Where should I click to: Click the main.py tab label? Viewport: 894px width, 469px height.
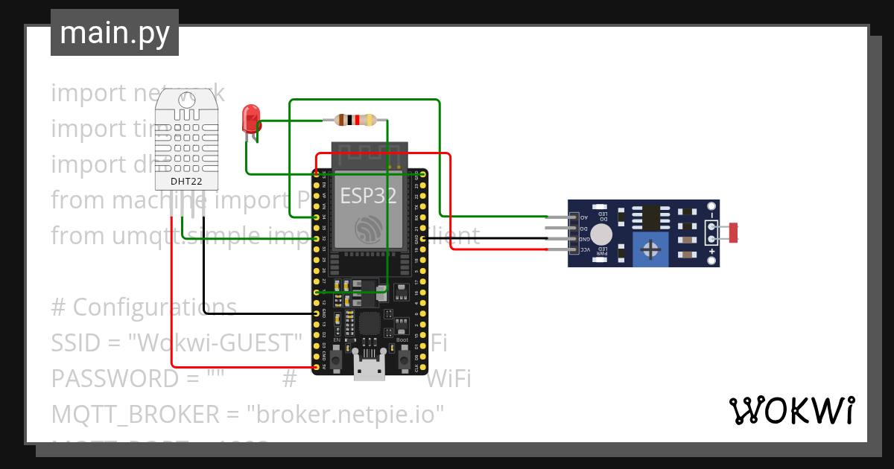[x=114, y=33]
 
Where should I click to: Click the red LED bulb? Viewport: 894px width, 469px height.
[x=251, y=118]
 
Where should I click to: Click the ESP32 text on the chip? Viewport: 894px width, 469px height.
[x=368, y=196]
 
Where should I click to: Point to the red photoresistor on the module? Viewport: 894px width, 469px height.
[x=734, y=232]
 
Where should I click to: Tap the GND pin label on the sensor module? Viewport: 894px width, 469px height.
[x=586, y=239]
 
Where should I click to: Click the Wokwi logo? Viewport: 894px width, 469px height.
[x=790, y=410]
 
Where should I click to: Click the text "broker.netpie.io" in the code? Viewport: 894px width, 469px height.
[x=350, y=414]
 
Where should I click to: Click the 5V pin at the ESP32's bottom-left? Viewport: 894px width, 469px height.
[x=317, y=367]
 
